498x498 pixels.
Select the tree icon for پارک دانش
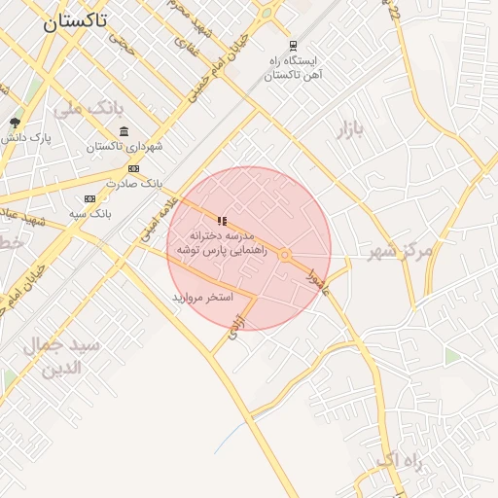(x=15, y=123)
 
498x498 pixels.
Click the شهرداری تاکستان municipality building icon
(x=123, y=132)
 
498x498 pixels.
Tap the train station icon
(x=294, y=46)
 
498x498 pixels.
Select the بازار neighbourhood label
(x=355, y=130)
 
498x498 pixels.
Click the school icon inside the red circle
(x=223, y=221)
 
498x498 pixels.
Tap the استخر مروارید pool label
(x=203, y=297)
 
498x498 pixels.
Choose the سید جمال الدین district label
(x=70, y=357)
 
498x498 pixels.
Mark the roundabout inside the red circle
(x=284, y=255)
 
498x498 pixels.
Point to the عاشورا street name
(x=317, y=282)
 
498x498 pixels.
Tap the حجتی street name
(x=122, y=40)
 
